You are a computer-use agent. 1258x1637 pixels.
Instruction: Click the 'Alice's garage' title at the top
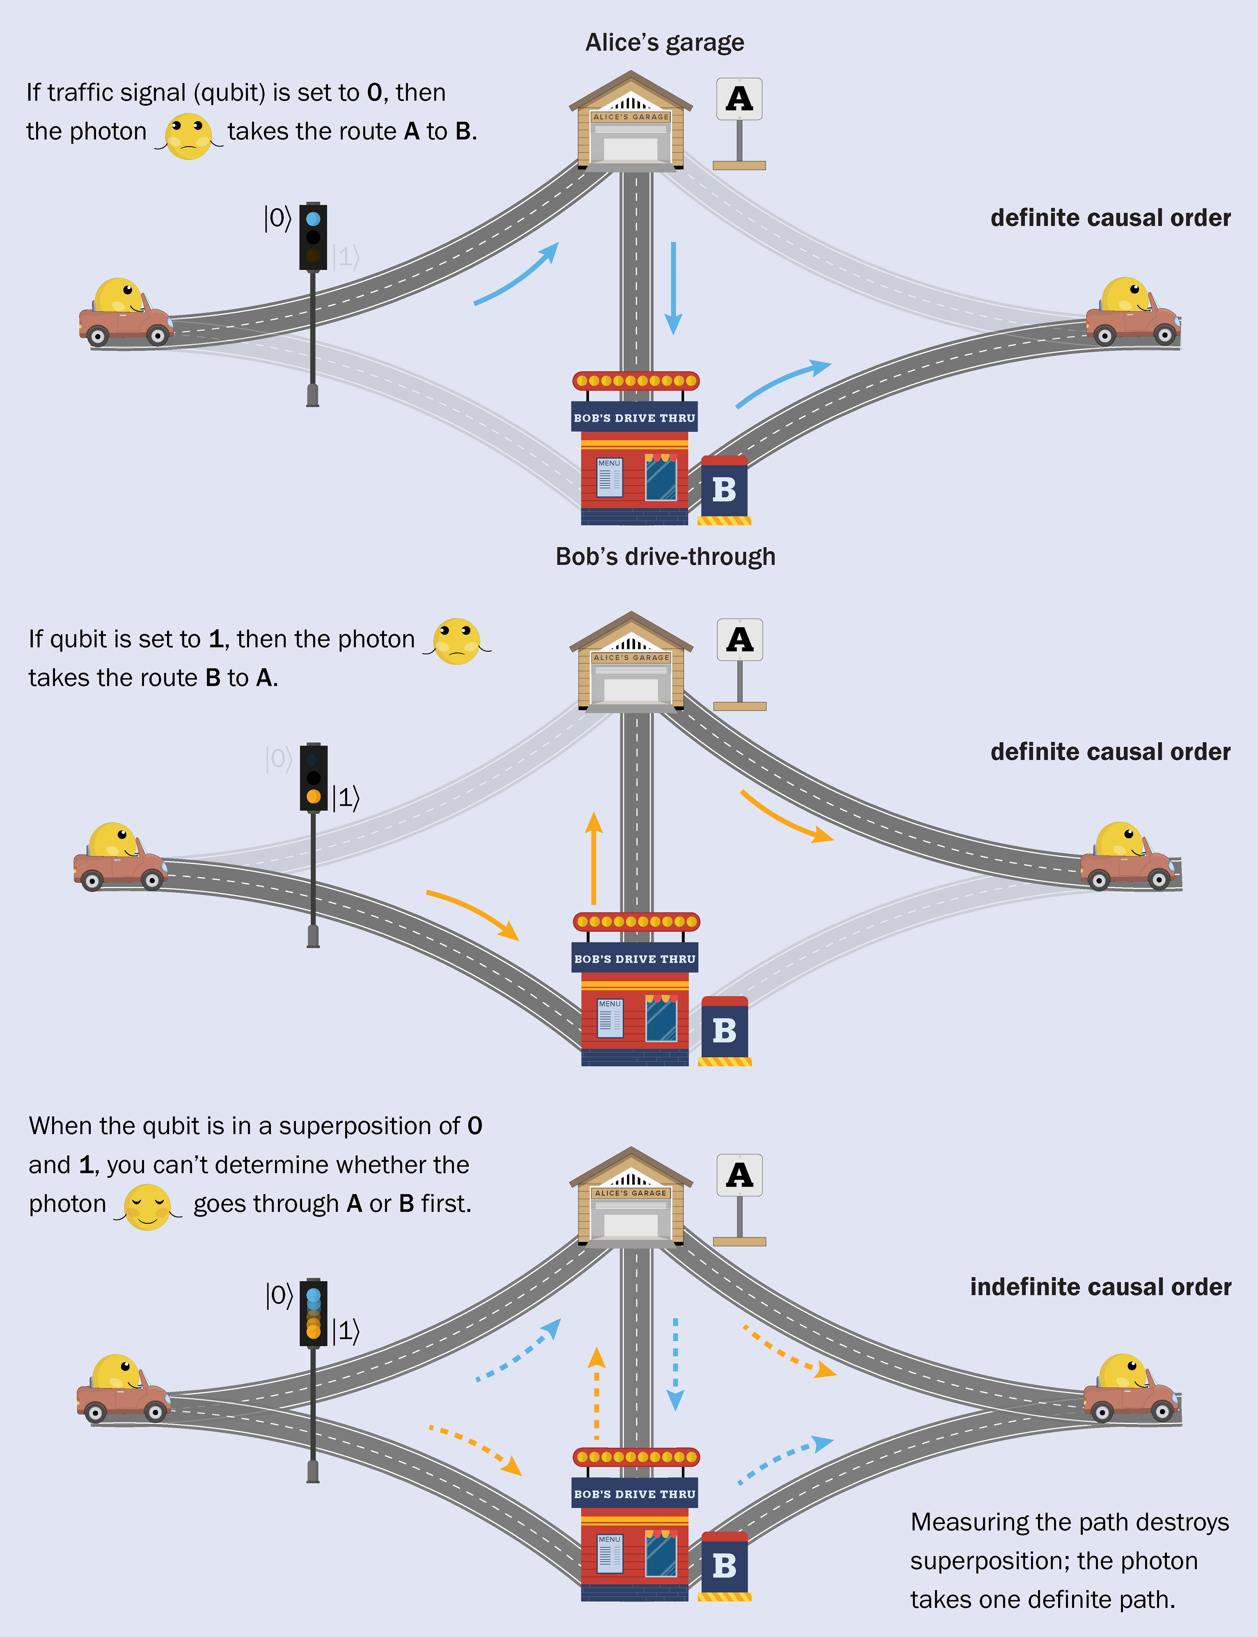[664, 43]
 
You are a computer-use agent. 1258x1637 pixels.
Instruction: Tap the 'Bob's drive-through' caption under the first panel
[665, 557]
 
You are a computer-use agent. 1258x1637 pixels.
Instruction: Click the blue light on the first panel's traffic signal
[313, 219]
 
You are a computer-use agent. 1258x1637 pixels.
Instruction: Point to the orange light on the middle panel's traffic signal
[313, 797]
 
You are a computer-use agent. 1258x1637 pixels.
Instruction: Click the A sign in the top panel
[739, 99]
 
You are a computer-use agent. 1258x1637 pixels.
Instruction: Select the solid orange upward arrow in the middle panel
[594, 858]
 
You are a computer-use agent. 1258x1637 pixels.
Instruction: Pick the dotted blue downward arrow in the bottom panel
[676, 1364]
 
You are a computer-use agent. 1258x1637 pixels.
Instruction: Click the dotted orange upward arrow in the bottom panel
[596, 1393]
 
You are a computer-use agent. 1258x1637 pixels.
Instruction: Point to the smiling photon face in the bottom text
[147, 1206]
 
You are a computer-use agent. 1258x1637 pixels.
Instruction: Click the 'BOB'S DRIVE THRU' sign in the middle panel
[634, 958]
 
